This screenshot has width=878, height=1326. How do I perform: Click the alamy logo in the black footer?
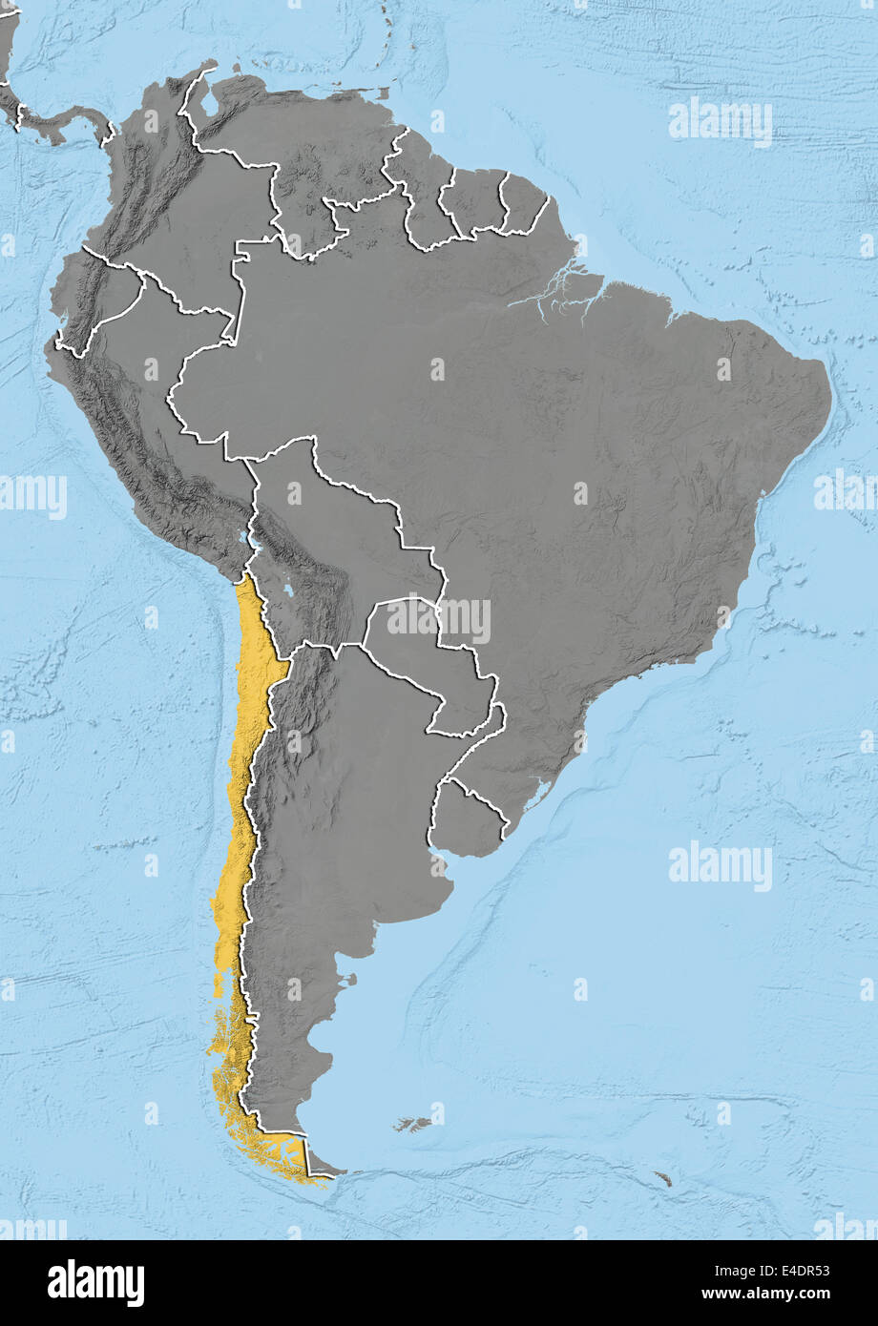[x=95, y=1283]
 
